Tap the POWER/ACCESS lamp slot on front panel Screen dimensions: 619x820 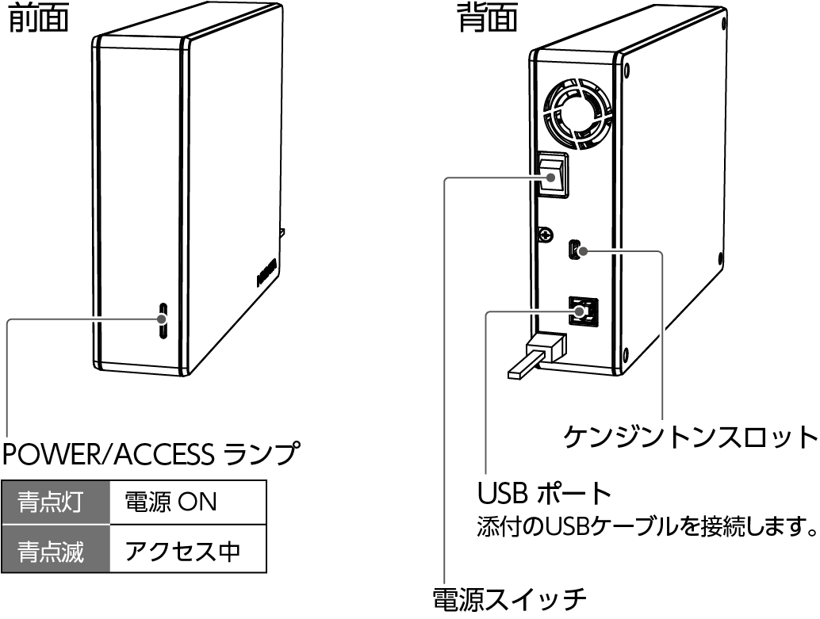163,321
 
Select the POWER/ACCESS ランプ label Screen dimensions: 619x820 151,454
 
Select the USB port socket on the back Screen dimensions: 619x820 582,311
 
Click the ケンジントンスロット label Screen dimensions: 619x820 690,435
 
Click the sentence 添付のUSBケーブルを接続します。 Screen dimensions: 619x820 646,526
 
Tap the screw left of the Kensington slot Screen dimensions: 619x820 546,234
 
